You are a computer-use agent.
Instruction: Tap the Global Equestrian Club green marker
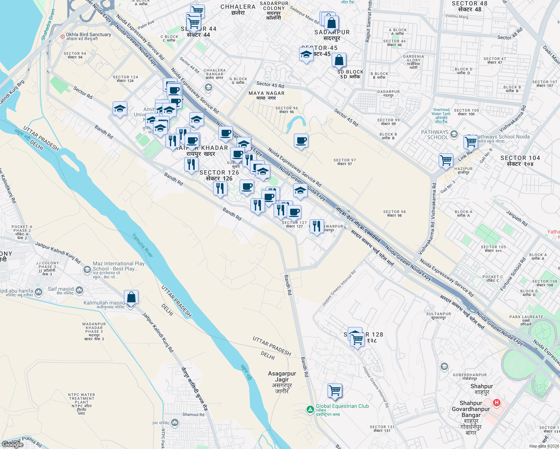tap(310, 410)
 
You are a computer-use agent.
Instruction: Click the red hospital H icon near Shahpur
tap(496, 403)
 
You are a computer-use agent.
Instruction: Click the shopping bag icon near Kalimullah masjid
tap(131, 297)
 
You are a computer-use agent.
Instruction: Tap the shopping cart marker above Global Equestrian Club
tap(335, 391)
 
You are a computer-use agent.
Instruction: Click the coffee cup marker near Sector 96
tap(301, 141)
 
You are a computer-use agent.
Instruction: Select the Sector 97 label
tap(344, 162)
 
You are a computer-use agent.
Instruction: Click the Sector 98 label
tap(394, 214)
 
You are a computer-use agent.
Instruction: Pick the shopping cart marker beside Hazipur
tap(446, 161)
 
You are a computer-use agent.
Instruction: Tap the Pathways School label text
tap(435, 135)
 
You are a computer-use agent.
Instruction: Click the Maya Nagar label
tap(267, 95)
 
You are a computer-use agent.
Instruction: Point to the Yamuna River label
tap(143, 245)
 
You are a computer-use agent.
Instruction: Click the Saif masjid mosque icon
tap(79, 290)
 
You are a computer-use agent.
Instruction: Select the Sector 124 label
tap(125, 79)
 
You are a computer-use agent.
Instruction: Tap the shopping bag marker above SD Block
tap(339, 60)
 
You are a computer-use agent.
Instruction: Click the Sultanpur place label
tap(438, 316)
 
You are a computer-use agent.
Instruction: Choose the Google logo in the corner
tap(13, 445)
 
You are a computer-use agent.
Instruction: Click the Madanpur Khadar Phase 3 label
tap(94, 332)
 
